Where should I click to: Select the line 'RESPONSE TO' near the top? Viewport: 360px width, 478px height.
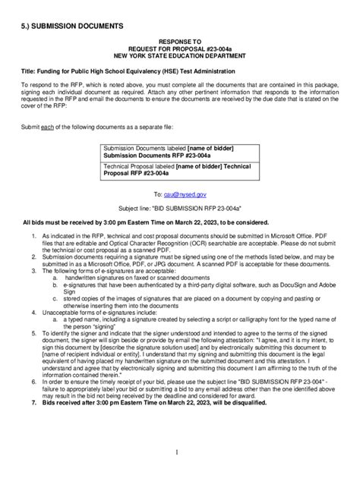coord(180,43)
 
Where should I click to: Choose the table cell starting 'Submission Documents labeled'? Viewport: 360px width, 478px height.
coord(179,151)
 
